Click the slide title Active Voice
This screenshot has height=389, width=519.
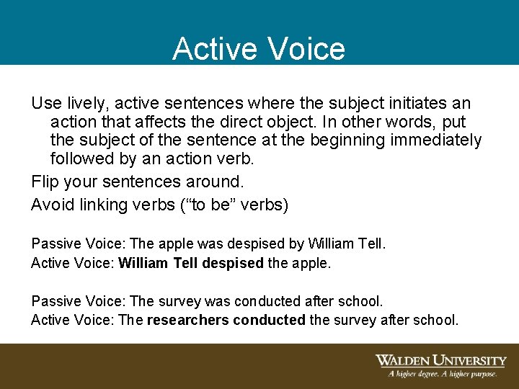click(259, 49)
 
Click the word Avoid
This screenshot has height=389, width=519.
click(50, 205)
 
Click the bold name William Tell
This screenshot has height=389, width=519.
click(158, 263)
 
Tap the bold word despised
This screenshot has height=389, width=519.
click(233, 263)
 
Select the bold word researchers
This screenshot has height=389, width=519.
click(187, 319)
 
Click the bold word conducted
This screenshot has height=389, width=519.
click(270, 319)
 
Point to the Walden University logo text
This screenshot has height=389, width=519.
click(440, 361)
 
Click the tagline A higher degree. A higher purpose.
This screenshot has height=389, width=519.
click(442, 374)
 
